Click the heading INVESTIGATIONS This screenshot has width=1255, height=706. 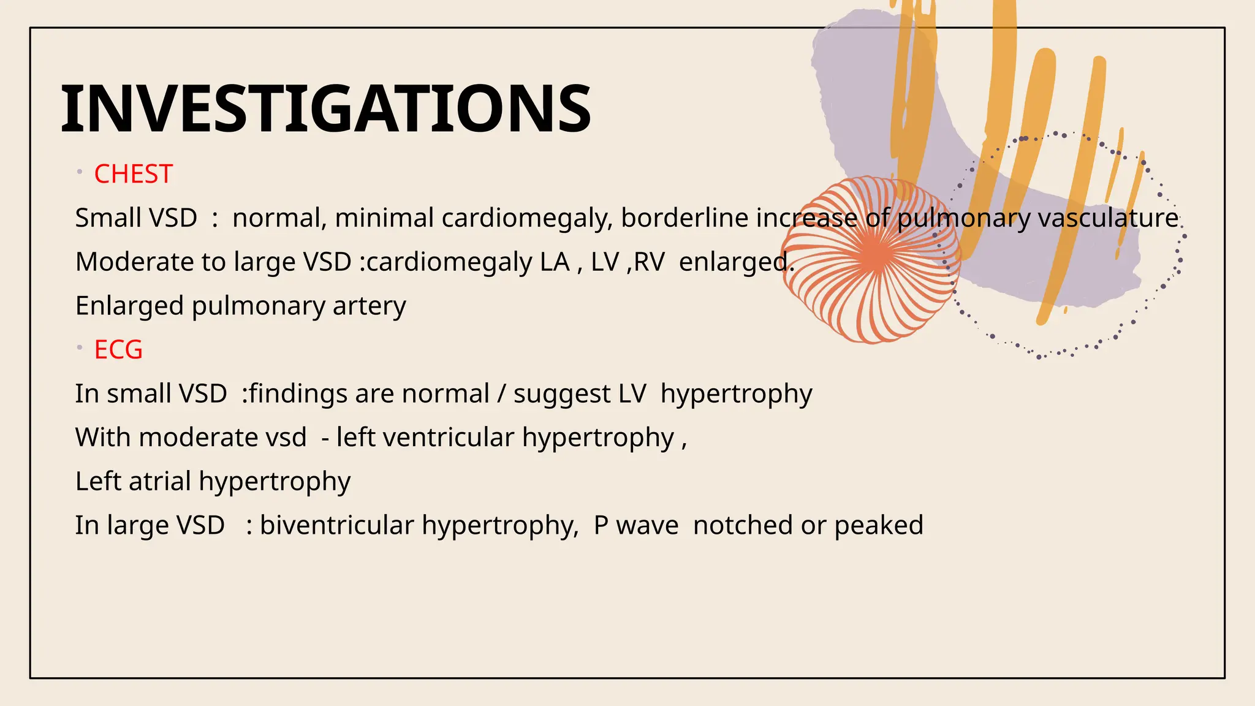click(325, 109)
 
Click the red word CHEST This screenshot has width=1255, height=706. click(133, 174)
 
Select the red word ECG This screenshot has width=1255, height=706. click(118, 350)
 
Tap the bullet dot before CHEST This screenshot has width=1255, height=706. click(80, 172)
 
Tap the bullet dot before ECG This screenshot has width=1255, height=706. click(80, 347)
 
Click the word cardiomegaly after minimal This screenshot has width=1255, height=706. click(526, 218)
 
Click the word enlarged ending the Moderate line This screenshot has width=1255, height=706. click(736, 262)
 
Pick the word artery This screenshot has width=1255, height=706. click(369, 306)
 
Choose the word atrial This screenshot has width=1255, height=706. click(160, 482)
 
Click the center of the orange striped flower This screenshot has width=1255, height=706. click(874, 257)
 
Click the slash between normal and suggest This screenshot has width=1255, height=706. click(501, 394)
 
